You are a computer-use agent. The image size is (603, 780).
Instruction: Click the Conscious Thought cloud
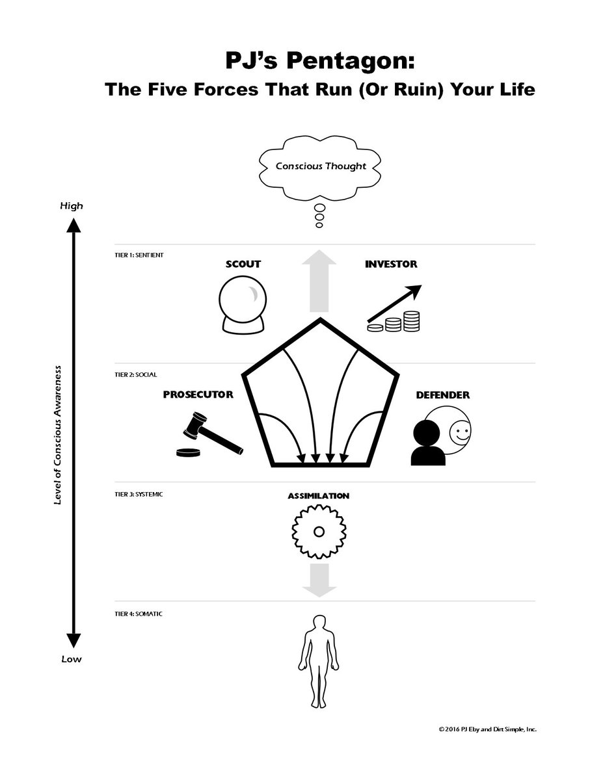tap(320, 166)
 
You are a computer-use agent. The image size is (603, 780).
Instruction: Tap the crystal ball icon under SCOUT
tap(243, 303)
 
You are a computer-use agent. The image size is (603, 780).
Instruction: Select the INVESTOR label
tap(391, 264)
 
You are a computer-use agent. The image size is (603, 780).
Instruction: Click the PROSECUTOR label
tap(198, 395)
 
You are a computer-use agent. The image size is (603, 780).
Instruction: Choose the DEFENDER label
tap(442, 395)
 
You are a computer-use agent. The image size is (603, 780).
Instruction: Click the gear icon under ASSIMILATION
tap(319, 532)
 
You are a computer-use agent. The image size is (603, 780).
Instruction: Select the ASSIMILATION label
tap(319, 496)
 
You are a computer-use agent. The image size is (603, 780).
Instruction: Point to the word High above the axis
tap(72, 206)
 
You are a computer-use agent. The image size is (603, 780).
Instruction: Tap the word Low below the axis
tap(72, 658)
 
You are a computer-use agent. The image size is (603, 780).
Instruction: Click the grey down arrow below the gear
tap(319, 580)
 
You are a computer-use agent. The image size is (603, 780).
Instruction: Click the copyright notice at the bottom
tap(487, 729)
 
